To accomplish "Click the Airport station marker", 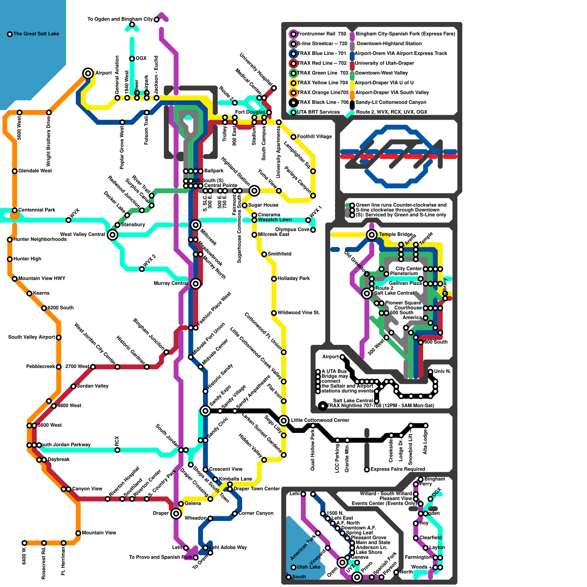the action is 88,73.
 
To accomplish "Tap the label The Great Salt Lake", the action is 36,34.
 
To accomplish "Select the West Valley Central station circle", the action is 113,234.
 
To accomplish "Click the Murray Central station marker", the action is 196,283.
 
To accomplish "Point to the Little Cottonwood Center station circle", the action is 284,420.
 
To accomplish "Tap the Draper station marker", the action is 176,513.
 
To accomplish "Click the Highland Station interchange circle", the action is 254,190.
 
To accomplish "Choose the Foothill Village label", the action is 314,136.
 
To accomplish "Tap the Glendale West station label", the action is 35,171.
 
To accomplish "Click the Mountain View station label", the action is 99,533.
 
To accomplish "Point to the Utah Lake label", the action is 309,567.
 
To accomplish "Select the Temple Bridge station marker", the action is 372,234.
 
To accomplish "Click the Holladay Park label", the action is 293,278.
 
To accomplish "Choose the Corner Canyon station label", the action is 256,513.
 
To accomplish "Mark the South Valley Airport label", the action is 32,337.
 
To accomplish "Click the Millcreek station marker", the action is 196,225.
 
